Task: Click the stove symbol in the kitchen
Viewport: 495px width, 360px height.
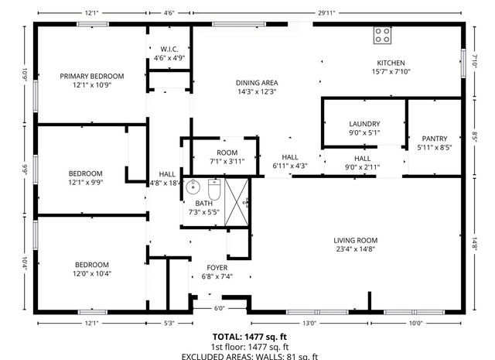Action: tap(382, 35)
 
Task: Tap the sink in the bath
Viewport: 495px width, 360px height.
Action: tap(193, 188)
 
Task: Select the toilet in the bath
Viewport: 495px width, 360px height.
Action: tap(214, 189)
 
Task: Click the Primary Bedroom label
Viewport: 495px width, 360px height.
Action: tap(92, 76)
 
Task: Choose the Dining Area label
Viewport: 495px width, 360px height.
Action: tap(257, 83)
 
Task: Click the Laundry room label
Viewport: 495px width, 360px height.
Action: tap(364, 124)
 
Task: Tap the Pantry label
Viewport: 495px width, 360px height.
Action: tap(433, 139)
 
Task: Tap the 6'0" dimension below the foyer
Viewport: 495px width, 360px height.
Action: tap(219, 308)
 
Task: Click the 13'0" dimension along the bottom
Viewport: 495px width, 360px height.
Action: tap(309, 323)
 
